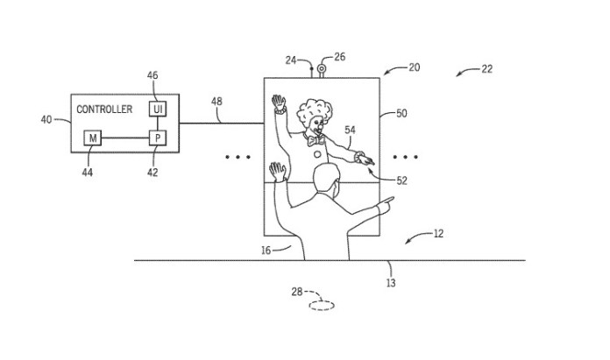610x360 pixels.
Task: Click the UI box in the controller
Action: (158, 109)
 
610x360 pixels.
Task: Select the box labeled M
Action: (92, 138)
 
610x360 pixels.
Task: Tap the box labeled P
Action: (158, 138)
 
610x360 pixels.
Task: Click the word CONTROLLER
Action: (104, 109)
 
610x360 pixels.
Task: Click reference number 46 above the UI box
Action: (152, 76)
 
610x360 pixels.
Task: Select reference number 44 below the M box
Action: (89, 173)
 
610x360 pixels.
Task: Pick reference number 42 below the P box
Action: (154, 173)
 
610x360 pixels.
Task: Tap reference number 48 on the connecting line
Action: (216, 101)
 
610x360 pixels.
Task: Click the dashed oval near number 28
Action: (320, 306)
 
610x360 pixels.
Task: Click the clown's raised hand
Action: (279, 104)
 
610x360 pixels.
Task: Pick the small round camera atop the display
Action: (320, 68)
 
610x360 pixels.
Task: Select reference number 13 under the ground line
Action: (391, 282)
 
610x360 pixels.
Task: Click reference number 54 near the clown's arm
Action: (350, 131)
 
